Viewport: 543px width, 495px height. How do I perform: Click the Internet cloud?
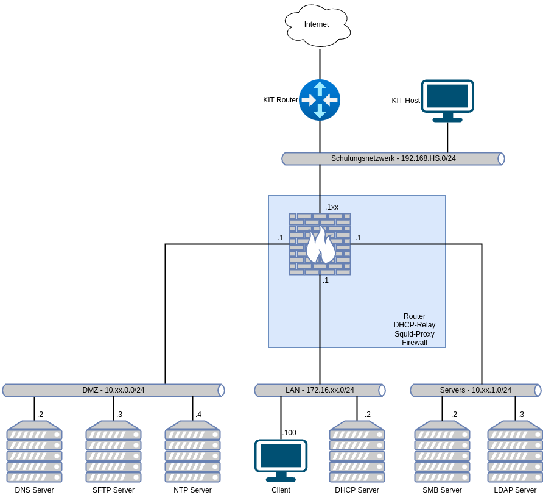point(317,25)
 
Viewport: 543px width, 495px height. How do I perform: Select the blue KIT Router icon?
point(320,100)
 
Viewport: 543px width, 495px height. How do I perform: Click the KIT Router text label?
point(281,100)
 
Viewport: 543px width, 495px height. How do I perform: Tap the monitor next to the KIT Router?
point(447,100)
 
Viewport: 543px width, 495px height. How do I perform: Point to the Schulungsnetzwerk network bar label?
point(393,158)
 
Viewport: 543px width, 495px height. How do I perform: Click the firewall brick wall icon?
point(320,244)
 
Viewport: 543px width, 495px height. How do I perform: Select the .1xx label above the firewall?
point(332,207)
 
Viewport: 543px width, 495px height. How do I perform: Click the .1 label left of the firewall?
point(281,238)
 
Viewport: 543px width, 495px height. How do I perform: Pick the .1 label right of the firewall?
point(359,238)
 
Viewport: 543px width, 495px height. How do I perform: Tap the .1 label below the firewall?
point(326,280)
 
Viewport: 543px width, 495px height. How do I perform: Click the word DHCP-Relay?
point(415,325)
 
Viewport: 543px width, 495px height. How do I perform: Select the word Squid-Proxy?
point(415,334)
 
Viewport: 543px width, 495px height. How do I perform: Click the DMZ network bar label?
point(113,390)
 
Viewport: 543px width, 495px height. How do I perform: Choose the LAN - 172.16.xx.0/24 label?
point(320,390)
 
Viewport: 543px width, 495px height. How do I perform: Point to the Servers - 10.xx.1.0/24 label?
point(475,390)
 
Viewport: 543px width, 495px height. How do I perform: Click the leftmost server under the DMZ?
point(34,451)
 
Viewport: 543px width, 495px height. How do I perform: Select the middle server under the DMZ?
point(113,451)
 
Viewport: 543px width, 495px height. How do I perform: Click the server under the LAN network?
point(357,451)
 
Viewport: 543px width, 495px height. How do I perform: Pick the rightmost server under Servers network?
point(515,451)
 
